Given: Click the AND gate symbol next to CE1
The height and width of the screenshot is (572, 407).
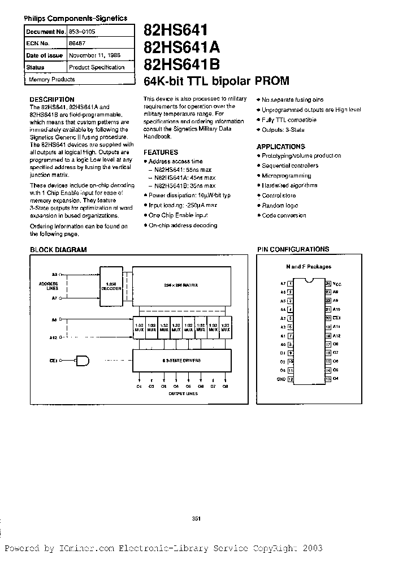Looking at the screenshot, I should click(x=84, y=359).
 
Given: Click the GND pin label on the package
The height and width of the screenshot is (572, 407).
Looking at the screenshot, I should click(x=281, y=379).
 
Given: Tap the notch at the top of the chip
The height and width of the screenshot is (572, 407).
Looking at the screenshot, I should click(x=309, y=280).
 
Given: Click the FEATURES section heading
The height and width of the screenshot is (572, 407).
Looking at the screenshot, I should click(x=161, y=152).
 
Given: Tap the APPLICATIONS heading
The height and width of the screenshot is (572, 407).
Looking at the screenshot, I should click(x=280, y=146).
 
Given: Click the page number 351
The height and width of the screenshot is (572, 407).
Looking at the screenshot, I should click(x=196, y=518).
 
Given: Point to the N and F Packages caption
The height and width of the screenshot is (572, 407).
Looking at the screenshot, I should click(x=308, y=267).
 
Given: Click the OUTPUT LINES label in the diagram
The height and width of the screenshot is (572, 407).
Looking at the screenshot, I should click(x=184, y=394).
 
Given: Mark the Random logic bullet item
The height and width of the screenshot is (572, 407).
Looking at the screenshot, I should click(x=280, y=205).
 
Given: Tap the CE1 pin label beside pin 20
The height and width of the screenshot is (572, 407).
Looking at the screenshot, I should click(x=335, y=318).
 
